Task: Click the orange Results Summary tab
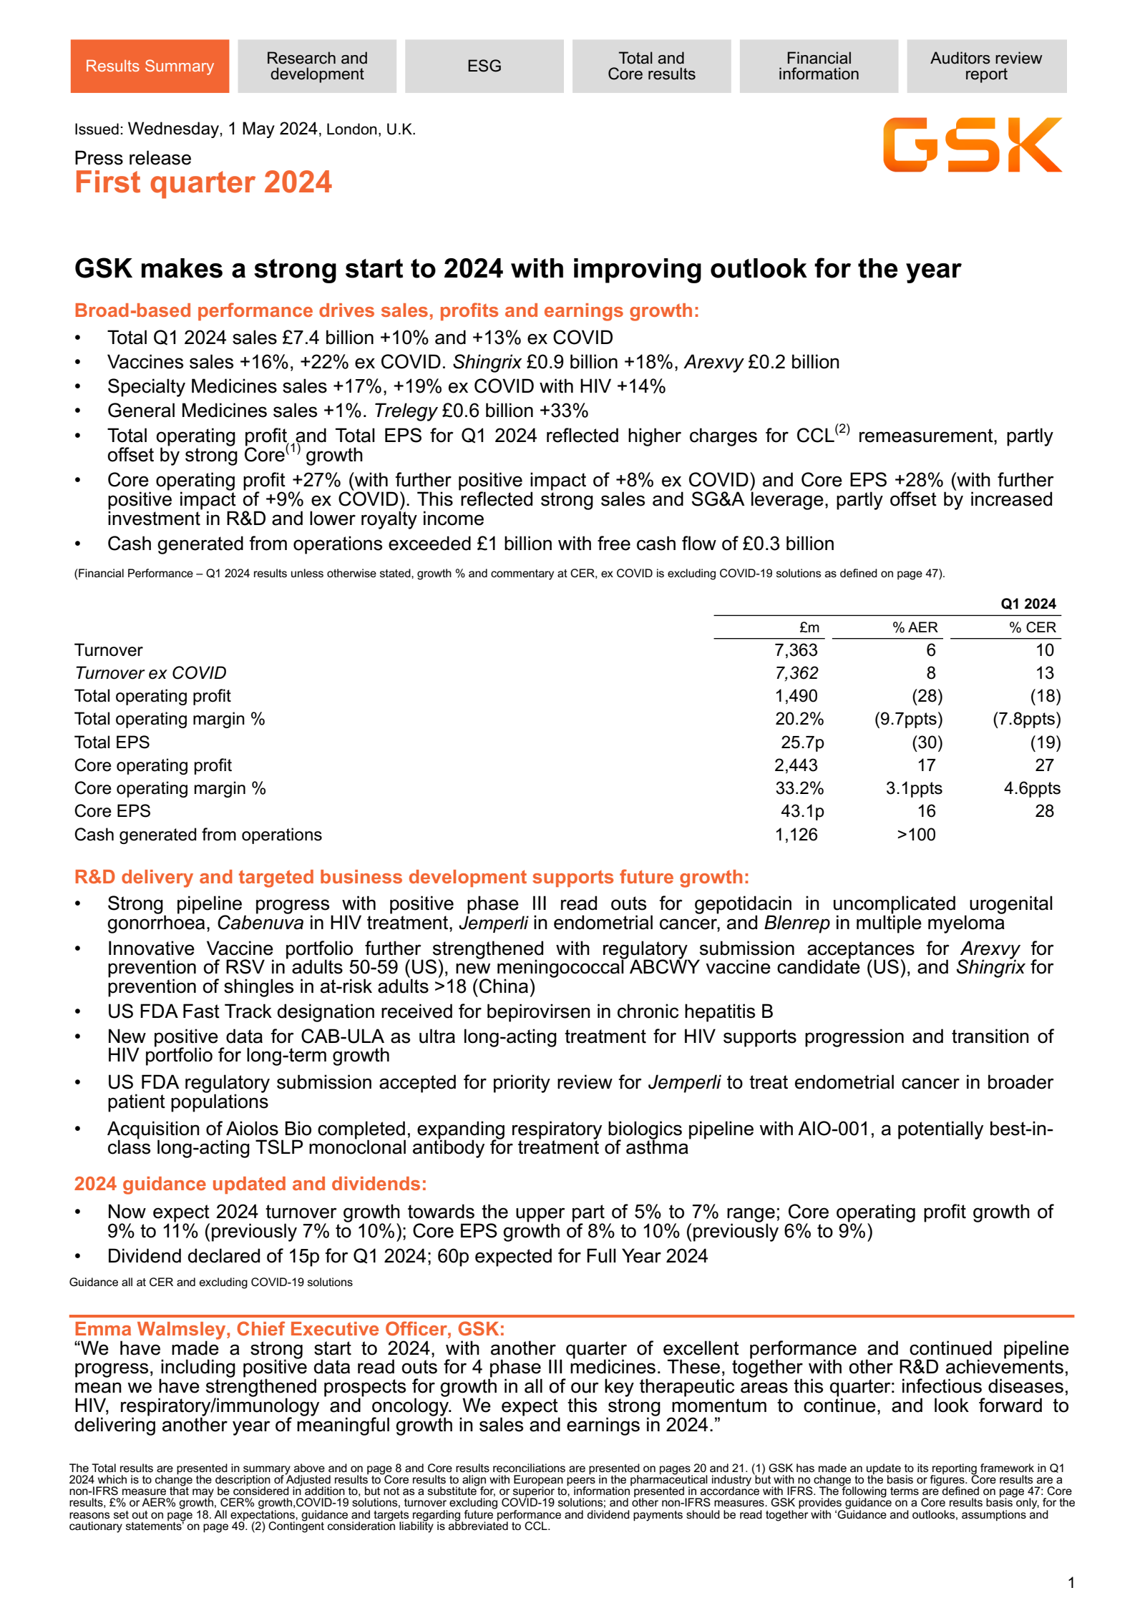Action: coord(150,66)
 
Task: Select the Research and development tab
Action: coord(316,66)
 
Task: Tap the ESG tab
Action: coord(484,66)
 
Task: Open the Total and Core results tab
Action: coord(651,66)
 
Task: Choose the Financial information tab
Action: coord(819,66)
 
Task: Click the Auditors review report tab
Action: coord(986,66)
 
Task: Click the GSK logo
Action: coord(972,144)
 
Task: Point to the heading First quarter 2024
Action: coord(203,182)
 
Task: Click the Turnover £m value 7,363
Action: coord(796,650)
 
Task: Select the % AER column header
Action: coord(915,627)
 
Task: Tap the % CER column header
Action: coord(1033,627)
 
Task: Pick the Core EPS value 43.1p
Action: coord(802,811)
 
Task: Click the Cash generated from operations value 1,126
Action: coord(796,835)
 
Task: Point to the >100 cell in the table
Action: coord(916,835)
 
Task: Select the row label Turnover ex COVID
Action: coord(150,673)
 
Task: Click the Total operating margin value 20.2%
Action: coord(799,719)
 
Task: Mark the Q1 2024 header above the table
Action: coord(1028,604)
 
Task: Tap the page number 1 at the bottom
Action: coord(1071,1583)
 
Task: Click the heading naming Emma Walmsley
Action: coord(289,1329)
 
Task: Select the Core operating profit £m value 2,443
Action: coord(796,765)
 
